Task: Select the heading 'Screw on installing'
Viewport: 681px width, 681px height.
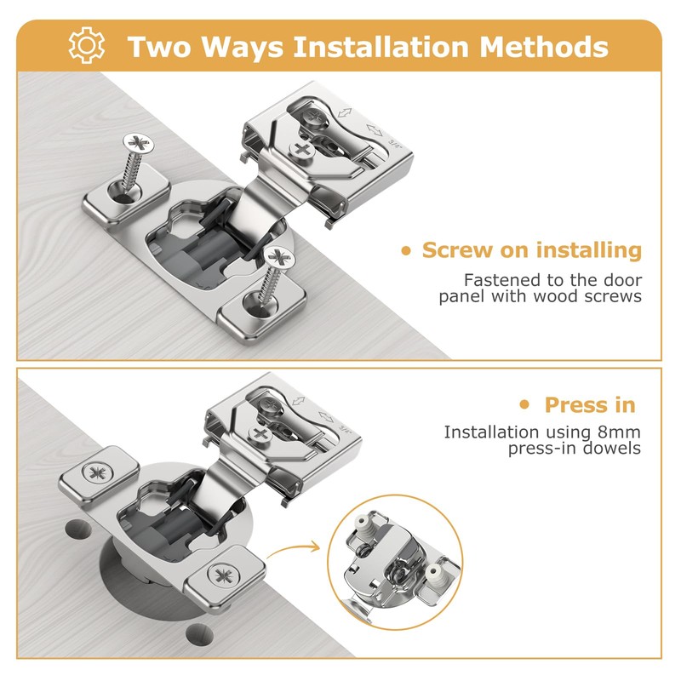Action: click(531, 250)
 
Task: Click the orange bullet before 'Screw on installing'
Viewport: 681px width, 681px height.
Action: click(407, 251)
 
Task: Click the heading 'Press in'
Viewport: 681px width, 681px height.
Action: click(590, 404)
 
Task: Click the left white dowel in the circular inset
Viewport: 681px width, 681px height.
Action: click(369, 524)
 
